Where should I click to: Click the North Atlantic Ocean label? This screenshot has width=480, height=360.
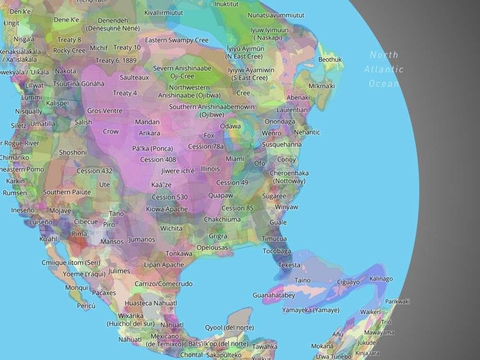(x=384, y=69)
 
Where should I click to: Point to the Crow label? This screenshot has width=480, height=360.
(x=110, y=131)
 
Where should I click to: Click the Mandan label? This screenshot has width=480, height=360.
(x=147, y=122)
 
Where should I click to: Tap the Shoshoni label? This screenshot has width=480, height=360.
(x=72, y=152)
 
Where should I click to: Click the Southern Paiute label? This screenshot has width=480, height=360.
(x=67, y=192)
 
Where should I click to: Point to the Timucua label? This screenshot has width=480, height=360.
(x=274, y=239)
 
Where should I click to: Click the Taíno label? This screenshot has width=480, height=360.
(x=302, y=280)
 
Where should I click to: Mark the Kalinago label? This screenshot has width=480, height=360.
(x=381, y=279)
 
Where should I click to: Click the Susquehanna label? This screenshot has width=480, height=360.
(x=282, y=144)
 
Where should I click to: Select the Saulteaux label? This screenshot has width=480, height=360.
(x=134, y=77)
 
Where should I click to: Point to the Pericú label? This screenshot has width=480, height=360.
(x=86, y=306)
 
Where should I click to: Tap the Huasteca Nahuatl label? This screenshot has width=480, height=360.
(x=151, y=303)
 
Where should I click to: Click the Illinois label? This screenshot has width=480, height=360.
(x=210, y=169)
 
